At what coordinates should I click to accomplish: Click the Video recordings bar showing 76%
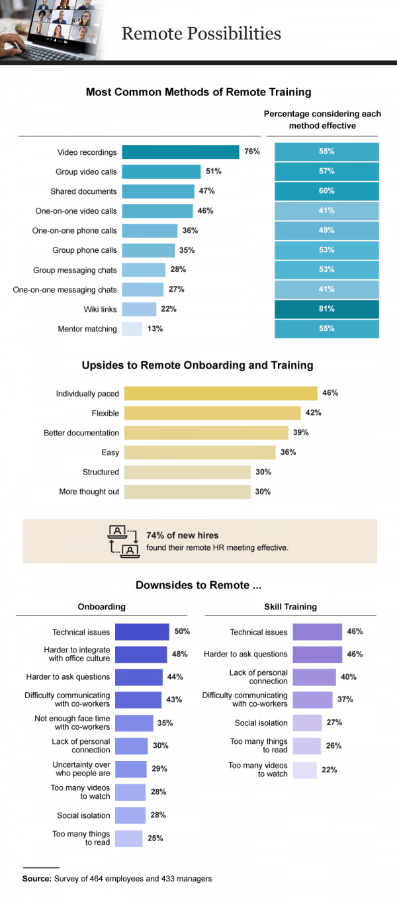[x=180, y=152]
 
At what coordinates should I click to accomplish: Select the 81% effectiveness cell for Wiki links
[x=327, y=309]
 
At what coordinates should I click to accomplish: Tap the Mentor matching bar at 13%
[x=132, y=329]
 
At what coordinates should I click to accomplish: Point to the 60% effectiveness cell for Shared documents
[x=327, y=191]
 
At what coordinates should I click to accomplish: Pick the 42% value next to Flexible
[x=314, y=413]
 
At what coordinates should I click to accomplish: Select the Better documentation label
[x=81, y=433]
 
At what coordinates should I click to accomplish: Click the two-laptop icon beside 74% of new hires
[x=123, y=541]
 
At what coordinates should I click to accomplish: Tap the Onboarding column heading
[x=101, y=607]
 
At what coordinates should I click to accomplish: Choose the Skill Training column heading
[x=290, y=607]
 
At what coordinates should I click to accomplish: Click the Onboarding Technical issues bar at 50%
[x=142, y=632]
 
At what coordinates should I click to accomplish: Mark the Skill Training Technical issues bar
[x=317, y=632]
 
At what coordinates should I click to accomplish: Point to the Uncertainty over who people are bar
[x=131, y=769]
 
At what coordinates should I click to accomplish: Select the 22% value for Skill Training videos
[x=330, y=770]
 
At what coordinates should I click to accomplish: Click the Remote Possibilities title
[x=201, y=33]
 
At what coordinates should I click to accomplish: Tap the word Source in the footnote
[x=36, y=879]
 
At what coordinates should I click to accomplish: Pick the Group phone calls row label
[x=85, y=250]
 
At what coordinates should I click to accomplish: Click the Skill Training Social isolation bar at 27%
[x=307, y=723]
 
